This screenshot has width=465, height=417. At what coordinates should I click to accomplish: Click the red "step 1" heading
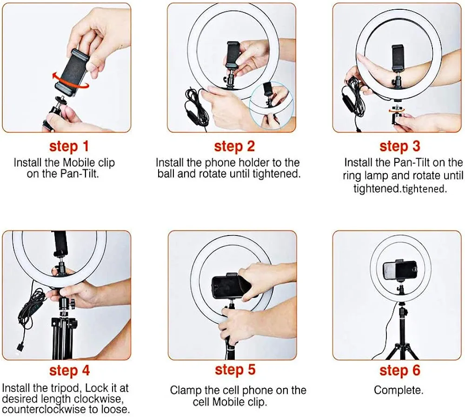point(69,147)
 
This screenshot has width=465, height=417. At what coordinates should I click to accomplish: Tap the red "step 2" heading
point(234,147)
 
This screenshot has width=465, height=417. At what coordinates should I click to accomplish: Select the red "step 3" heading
point(399,147)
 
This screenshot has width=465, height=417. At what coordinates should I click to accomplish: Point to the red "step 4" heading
point(69,371)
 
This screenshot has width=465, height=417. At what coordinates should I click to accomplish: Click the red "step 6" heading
point(399,370)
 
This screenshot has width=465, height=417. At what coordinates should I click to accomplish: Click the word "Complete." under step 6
point(399,390)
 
